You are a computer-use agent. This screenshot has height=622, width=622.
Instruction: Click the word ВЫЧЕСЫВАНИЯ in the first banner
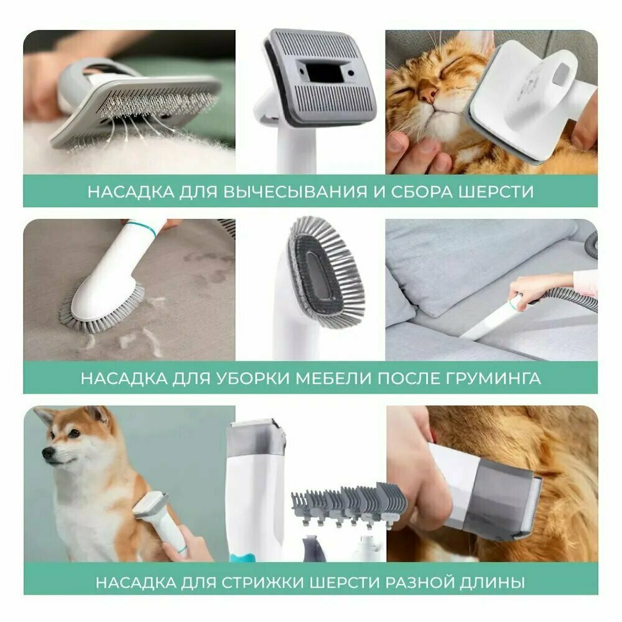tap(295, 192)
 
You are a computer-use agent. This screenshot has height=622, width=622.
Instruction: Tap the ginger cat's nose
tap(429, 94)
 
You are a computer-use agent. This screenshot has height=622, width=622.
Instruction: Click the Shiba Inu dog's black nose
tap(48, 453)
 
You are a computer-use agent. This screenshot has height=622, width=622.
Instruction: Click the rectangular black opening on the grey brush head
tap(325, 72)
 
